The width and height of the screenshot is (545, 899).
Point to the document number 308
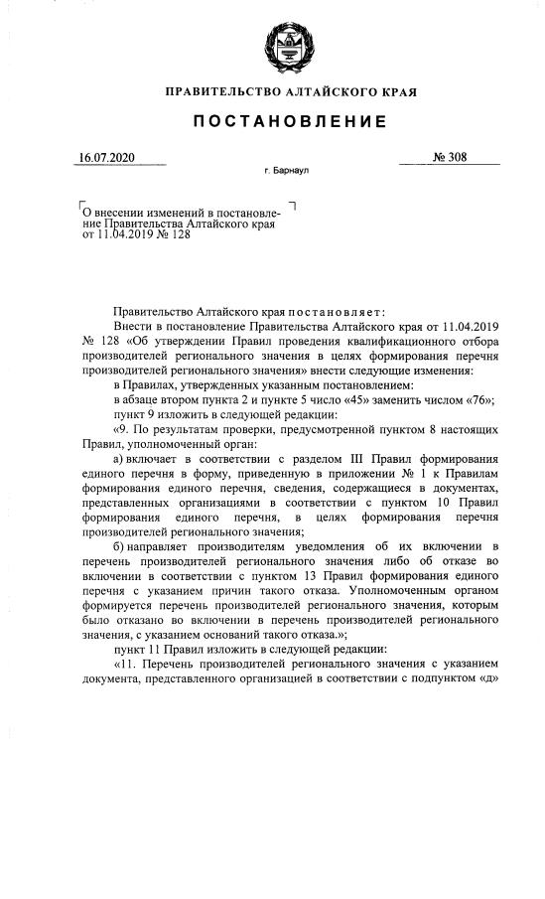pyautogui.click(x=456, y=158)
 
